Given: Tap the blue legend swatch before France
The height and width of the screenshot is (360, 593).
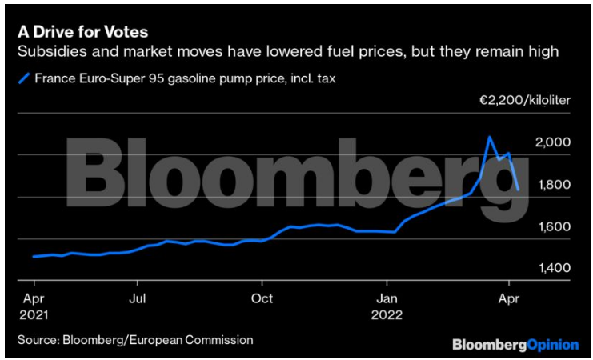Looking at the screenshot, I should [x=24, y=78].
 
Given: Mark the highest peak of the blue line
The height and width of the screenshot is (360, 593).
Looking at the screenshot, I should [x=489, y=137].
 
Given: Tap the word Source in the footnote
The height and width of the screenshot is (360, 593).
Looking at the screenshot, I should [x=38, y=340].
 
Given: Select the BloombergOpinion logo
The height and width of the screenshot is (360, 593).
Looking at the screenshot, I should [x=515, y=344].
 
